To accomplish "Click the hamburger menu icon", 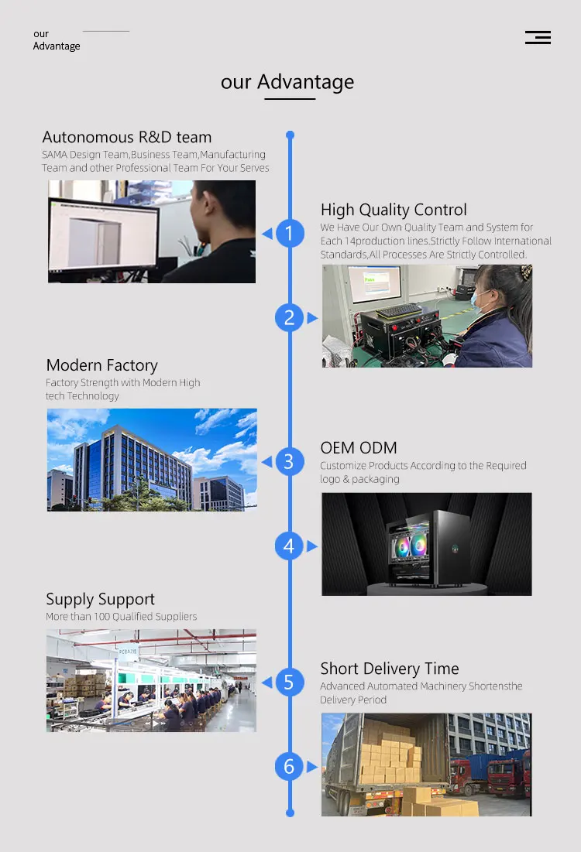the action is pos(538,37).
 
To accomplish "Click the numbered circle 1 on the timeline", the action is pos(290,233).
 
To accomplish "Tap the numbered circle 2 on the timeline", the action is pos(290,317).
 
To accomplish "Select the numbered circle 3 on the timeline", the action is pos(290,462).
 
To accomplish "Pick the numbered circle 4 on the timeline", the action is pos(290,546).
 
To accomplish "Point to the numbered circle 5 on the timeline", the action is pos(290,683).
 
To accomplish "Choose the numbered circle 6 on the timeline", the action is pos(290,767).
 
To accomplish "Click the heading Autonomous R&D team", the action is pos(127,138).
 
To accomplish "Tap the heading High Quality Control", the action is pos(394,210).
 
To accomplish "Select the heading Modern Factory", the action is pos(101,365).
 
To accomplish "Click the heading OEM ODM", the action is pos(359,448).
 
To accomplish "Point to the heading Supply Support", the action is pos(100,599).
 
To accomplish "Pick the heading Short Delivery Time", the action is pos(390,669).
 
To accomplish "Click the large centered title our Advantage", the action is pos(287,82).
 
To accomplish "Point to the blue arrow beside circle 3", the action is pos(267,462).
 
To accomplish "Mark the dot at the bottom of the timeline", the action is pos(290,813).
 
